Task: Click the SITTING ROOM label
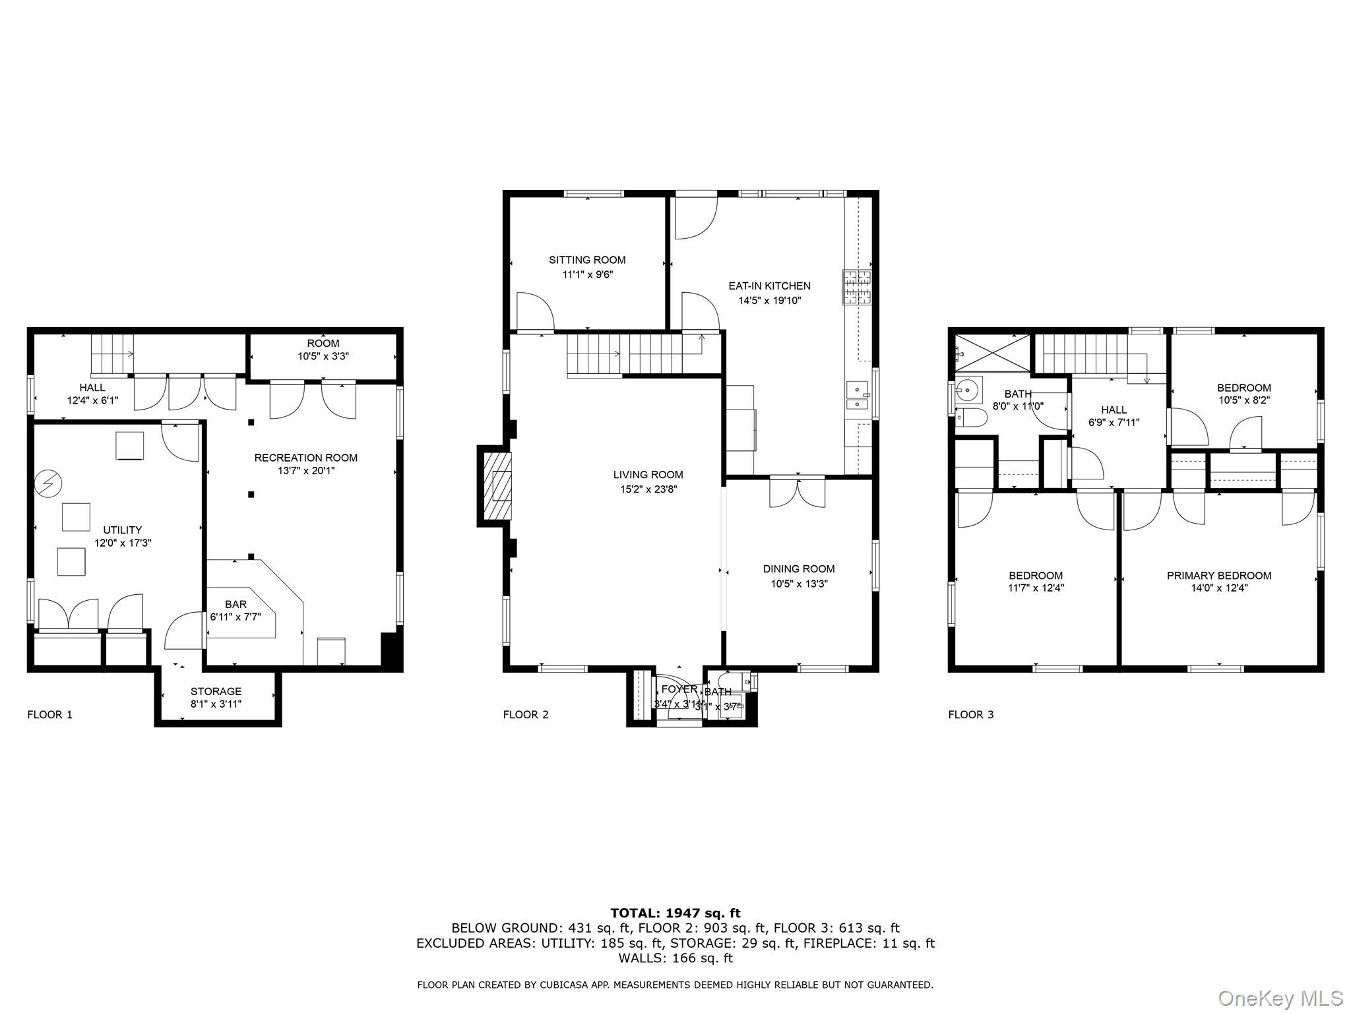pyautogui.click(x=587, y=260)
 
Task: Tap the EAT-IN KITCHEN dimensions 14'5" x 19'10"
pyautogui.click(x=769, y=301)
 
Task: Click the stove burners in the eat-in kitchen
pyautogui.click(x=856, y=288)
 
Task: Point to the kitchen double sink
pyautogui.click(x=858, y=396)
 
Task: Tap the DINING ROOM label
pyautogui.click(x=798, y=568)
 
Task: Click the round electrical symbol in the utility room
pyautogui.click(x=48, y=483)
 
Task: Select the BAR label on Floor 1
pyautogui.click(x=236, y=604)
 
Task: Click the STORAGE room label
pyautogui.click(x=216, y=691)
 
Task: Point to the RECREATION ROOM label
pyautogui.click(x=306, y=458)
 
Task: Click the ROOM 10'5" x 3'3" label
pyautogui.click(x=323, y=349)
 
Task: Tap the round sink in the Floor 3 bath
pyautogui.click(x=968, y=390)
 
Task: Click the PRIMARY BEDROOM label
pyautogui.click(x=1218, y=575)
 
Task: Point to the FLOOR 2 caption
pyautogui.click(x=525, y=714)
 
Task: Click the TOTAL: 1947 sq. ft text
pyautogui.click(x=675, y=913)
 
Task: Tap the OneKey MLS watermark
pyautogui.click(x=1280, y=998)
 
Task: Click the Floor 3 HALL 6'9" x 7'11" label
pyautogui.click(x=1114, y=416)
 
